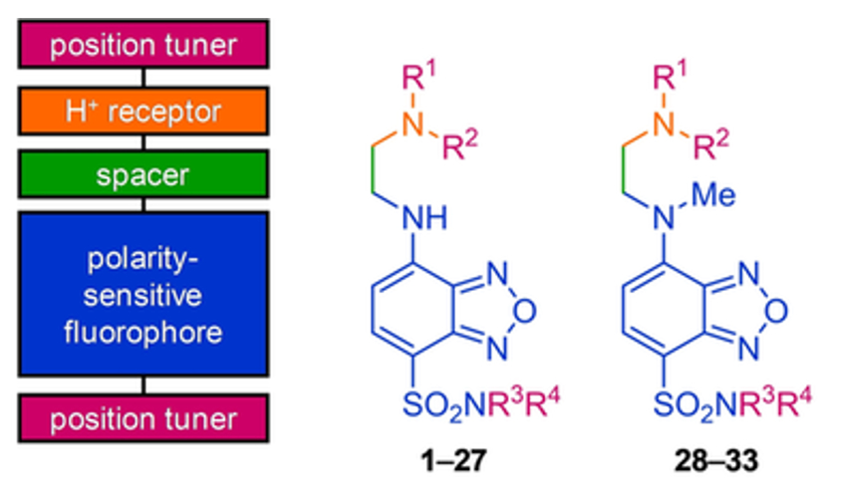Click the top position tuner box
click(x=143, y=44)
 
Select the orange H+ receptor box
click(x=143, y=112)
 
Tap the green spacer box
click(x=143, y=174)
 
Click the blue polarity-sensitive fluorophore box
click(x=143, y=294)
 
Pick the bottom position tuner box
click(x=143, y=418)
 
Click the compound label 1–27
click(x=454, y=460)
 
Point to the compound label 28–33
click(x=716, y=460)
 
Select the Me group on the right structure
click(x=713, y=195)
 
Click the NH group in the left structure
click(x=424, y=218)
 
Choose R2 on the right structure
click(x=711, y=145)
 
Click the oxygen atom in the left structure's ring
click(x=525, y=311)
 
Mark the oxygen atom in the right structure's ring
click(x=776, y=311)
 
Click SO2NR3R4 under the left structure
click(x=481, y=404)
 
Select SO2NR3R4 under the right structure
click(x=732, y=404)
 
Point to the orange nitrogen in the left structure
click(x=413, y=124)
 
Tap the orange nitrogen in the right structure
click(x=664, y=124)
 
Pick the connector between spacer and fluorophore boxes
click(x=143, y=205)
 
